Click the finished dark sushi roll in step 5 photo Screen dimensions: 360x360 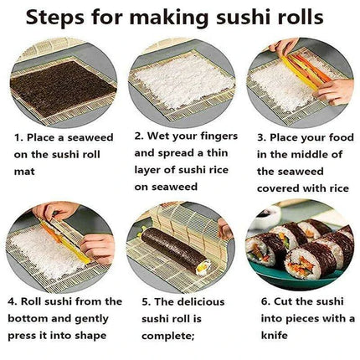pyautogui.click(x=177, y=250)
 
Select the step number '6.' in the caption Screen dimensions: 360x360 pyautogui.click(x=262, y=300)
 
